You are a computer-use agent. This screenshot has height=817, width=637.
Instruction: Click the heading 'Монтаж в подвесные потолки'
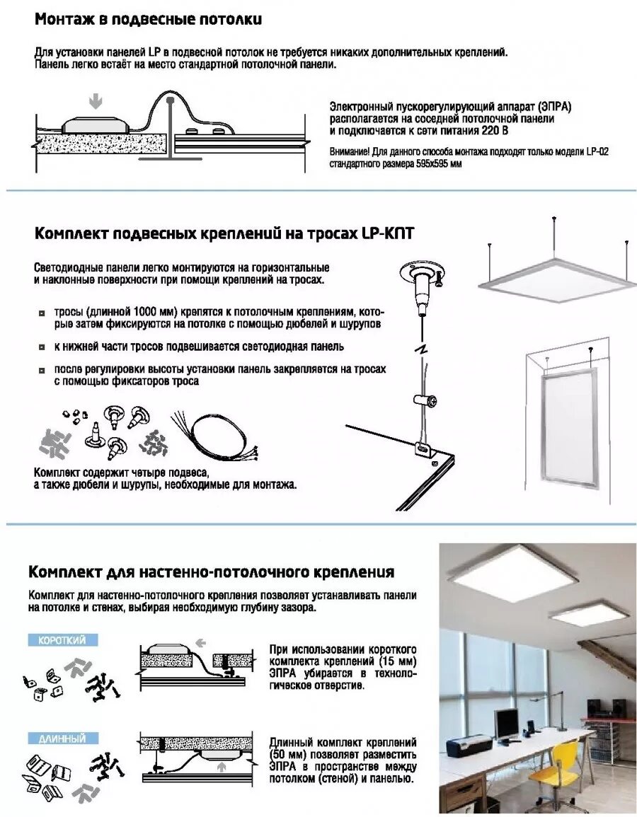click(148, 20)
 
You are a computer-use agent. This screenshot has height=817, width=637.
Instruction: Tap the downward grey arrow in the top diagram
click(96, 102)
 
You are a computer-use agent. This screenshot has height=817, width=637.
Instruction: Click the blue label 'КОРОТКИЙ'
click(62, 640)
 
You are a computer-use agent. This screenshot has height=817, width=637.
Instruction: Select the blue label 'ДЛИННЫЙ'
click(62, 738)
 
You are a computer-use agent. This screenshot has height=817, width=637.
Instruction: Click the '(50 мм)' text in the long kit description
click(287, 755)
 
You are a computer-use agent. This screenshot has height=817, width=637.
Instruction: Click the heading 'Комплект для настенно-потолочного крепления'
click(211, 572)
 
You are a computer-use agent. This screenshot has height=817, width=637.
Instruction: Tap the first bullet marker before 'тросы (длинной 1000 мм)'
click(42, 313)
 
